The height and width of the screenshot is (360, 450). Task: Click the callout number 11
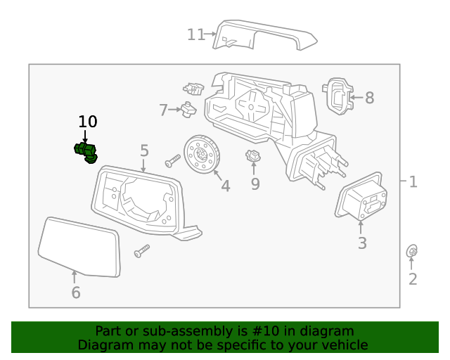(x=195, y=34)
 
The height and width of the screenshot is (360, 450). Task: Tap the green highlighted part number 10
(x=86, y=150)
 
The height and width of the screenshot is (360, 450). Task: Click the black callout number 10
(x=88, y=122)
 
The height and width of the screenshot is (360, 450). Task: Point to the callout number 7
(x=163, y=110)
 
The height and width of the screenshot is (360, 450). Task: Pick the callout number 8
(x=369, y=98)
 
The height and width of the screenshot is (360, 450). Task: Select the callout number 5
(x=144, y=150)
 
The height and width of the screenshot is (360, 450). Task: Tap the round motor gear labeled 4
(x=202, y=153)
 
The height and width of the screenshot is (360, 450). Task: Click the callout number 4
(x=225, y=186)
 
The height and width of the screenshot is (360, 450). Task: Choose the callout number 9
(x=255, y=184)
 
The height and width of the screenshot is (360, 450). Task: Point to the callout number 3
(x=362, y=244)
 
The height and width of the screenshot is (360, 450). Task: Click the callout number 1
(x=413, y=182)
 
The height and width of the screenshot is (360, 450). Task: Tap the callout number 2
(x=413, y=279)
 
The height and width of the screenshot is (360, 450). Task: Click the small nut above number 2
(x=413, y=251)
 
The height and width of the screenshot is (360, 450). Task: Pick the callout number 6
(x=75, y=292)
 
